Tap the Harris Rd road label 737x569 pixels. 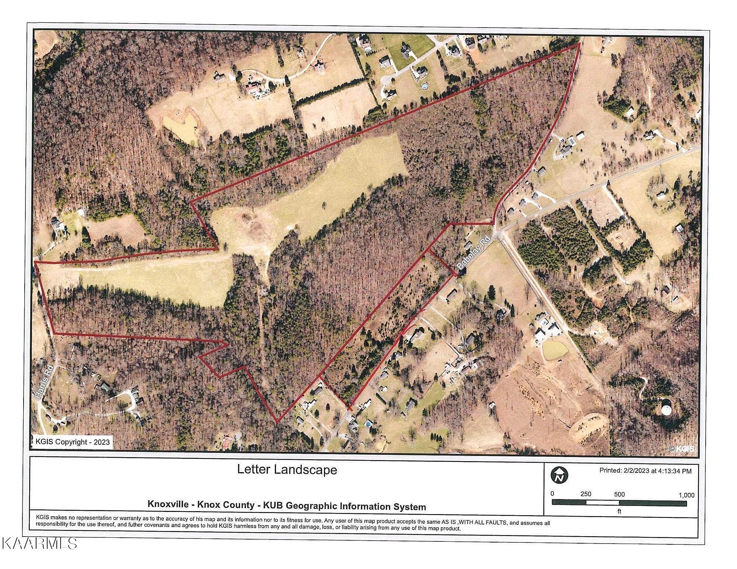tap(44, 381)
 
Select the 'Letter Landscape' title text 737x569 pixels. tap(287, 470)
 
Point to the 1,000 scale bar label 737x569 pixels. tap(686, 495)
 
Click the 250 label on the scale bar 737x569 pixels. tap(586, 494)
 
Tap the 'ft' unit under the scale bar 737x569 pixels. tap(619, 511)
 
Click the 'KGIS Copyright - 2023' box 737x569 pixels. tap(72, 442)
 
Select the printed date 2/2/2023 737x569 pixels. tap(639, 470)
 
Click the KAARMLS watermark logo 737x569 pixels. tap(39, 543)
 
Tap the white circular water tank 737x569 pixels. tap(666, 410)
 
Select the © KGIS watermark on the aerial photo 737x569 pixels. tap(681, 448)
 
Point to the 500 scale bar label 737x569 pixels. tap(619, 494)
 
